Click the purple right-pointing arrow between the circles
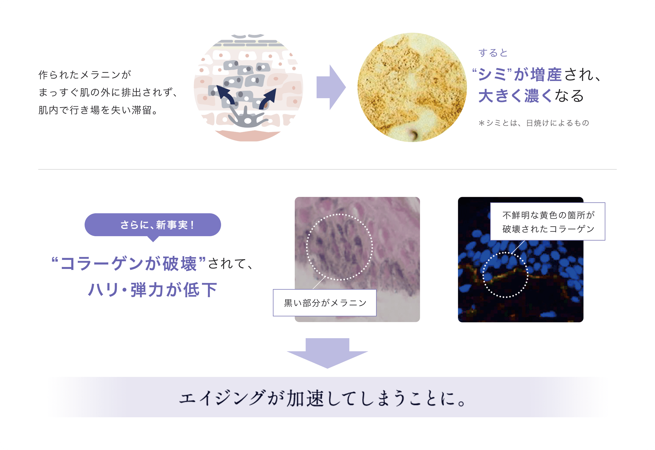[x=331, y=87]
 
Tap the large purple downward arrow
[x=327, y=353]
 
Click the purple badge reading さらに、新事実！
[x=153, y=225]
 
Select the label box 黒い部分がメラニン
[x=325, y=303]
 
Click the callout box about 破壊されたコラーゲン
[x=548, y=222]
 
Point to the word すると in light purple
[x=493, y=53]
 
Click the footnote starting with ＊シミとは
[x=534, y=123]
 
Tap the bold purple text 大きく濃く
[x=515, y=96]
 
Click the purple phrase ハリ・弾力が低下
[x=153, y=290]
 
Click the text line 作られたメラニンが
[x=85, y=75]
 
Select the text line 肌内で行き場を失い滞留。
[x=98, y=110]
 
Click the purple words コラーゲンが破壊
[x=129, y=264]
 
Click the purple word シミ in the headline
[x=493, y=75]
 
